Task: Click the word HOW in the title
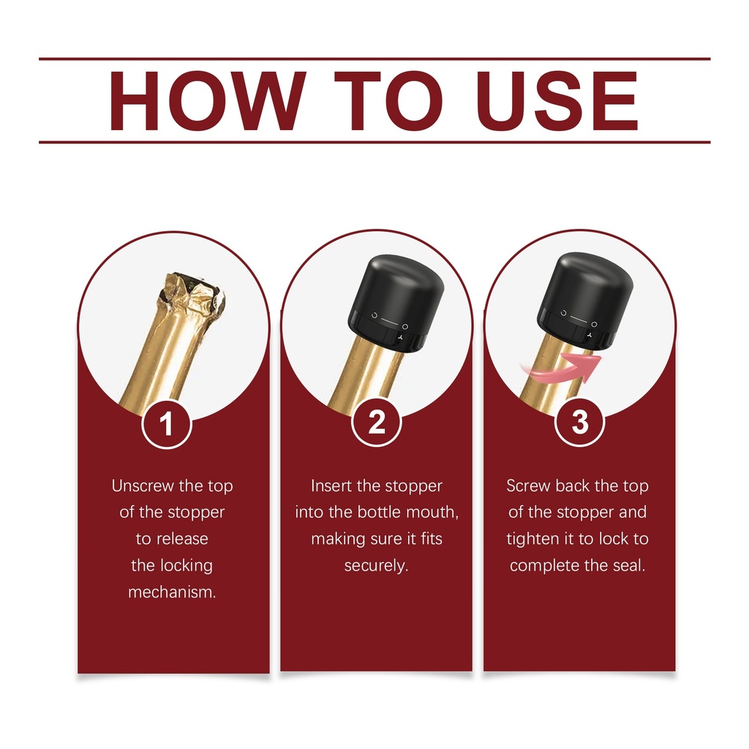point(208,100)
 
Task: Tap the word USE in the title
point(557,100)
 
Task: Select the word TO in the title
point(388,100)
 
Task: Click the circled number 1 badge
point(167,424)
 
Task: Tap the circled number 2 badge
point(377,422)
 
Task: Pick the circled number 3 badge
point(580,422)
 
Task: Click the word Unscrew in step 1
point(143,486)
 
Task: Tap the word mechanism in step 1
point(171,592)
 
